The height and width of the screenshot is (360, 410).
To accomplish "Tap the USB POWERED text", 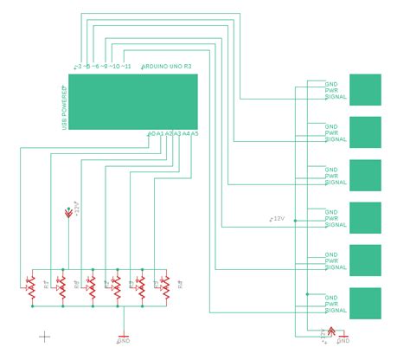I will coord(64,108).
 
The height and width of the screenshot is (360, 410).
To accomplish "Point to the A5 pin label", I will coord(195,133).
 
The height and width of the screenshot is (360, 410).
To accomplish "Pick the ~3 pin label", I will coord(78,67).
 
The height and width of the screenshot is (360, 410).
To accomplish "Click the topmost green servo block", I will coord(364,90).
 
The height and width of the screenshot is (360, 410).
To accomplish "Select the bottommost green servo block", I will coord(364,303).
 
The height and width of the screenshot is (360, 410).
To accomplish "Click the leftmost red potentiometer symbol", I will coord(32,289).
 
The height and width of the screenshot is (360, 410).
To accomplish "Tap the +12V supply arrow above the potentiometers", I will coord(69,212).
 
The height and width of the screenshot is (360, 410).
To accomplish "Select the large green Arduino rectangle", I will coord(132,101).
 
